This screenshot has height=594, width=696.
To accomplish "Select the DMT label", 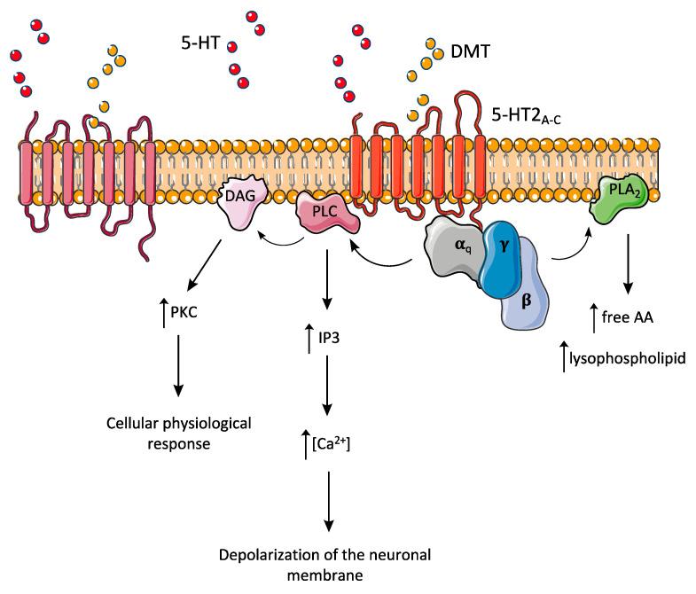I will coord(471,52).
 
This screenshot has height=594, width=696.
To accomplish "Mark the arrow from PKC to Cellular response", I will coord(178,364).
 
